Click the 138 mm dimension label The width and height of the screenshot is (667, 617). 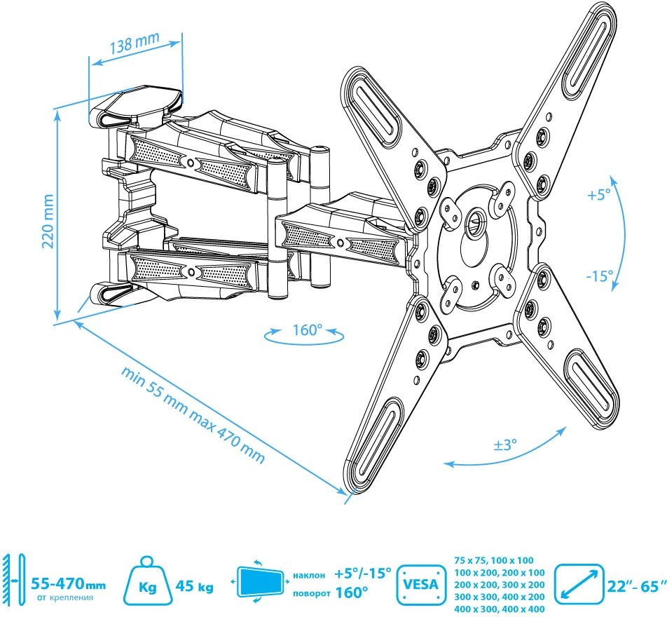pyautogui.click(x=135, y=43)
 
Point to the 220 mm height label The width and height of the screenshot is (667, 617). pyautogui.click(x=48, y=221)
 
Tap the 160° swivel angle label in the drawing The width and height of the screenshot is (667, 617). pyautogui.click(x=307, y=330)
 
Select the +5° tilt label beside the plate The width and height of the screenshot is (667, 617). pyautogui.click(x=599, y=195)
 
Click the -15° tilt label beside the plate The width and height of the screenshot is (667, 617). pyautogui.click(x=599, y=276)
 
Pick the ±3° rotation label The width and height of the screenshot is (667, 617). pyautogui.click(x=505, y=445)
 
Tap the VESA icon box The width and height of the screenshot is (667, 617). pyautogui.click(x=420, y=584)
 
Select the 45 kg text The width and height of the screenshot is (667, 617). pyautogui.click(x=194, y=587)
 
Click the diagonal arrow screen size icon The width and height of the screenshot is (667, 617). pyautogui.click(x=579, y=584)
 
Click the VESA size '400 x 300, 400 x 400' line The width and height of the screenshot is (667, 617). pyautogui.click(x=499, y=609)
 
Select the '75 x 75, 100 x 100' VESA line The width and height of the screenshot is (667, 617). pyautogui.click(x=493, y=561)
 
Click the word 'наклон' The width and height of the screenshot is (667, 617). pyautogui.click(x=309, y=575)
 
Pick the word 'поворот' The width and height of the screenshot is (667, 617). pyautogui.click(x=311, y=593)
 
